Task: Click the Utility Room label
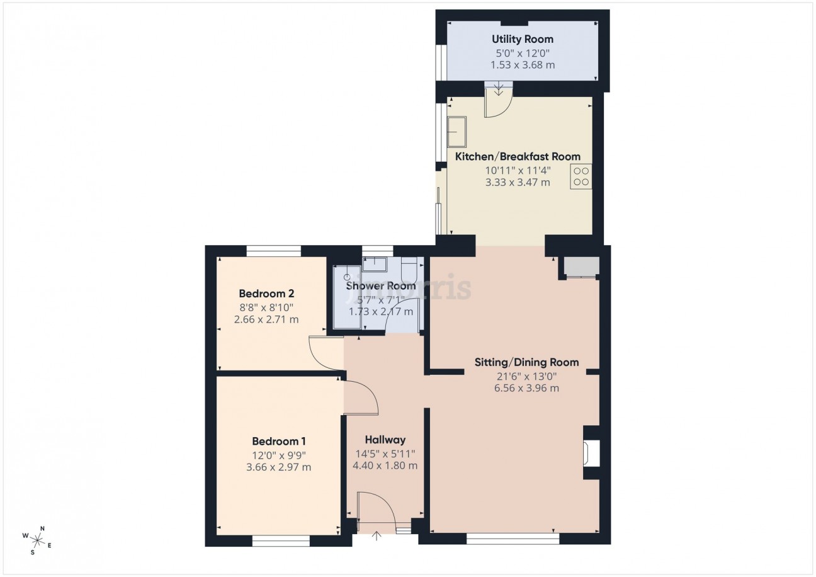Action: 523,39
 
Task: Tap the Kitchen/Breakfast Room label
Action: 518,157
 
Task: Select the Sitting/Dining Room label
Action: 526,362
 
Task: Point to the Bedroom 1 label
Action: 279,442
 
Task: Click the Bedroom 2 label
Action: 267,294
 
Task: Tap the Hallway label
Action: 385,440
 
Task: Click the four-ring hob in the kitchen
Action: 581,176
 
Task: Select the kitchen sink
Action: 457,132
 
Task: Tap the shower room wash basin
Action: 375,264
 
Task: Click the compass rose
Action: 37,540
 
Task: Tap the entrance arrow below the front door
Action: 377,536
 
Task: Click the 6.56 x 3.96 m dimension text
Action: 526,388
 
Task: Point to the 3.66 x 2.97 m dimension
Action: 279,467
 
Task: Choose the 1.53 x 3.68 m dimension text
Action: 523,66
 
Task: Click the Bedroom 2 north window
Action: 274,251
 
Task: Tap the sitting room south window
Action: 513,539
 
